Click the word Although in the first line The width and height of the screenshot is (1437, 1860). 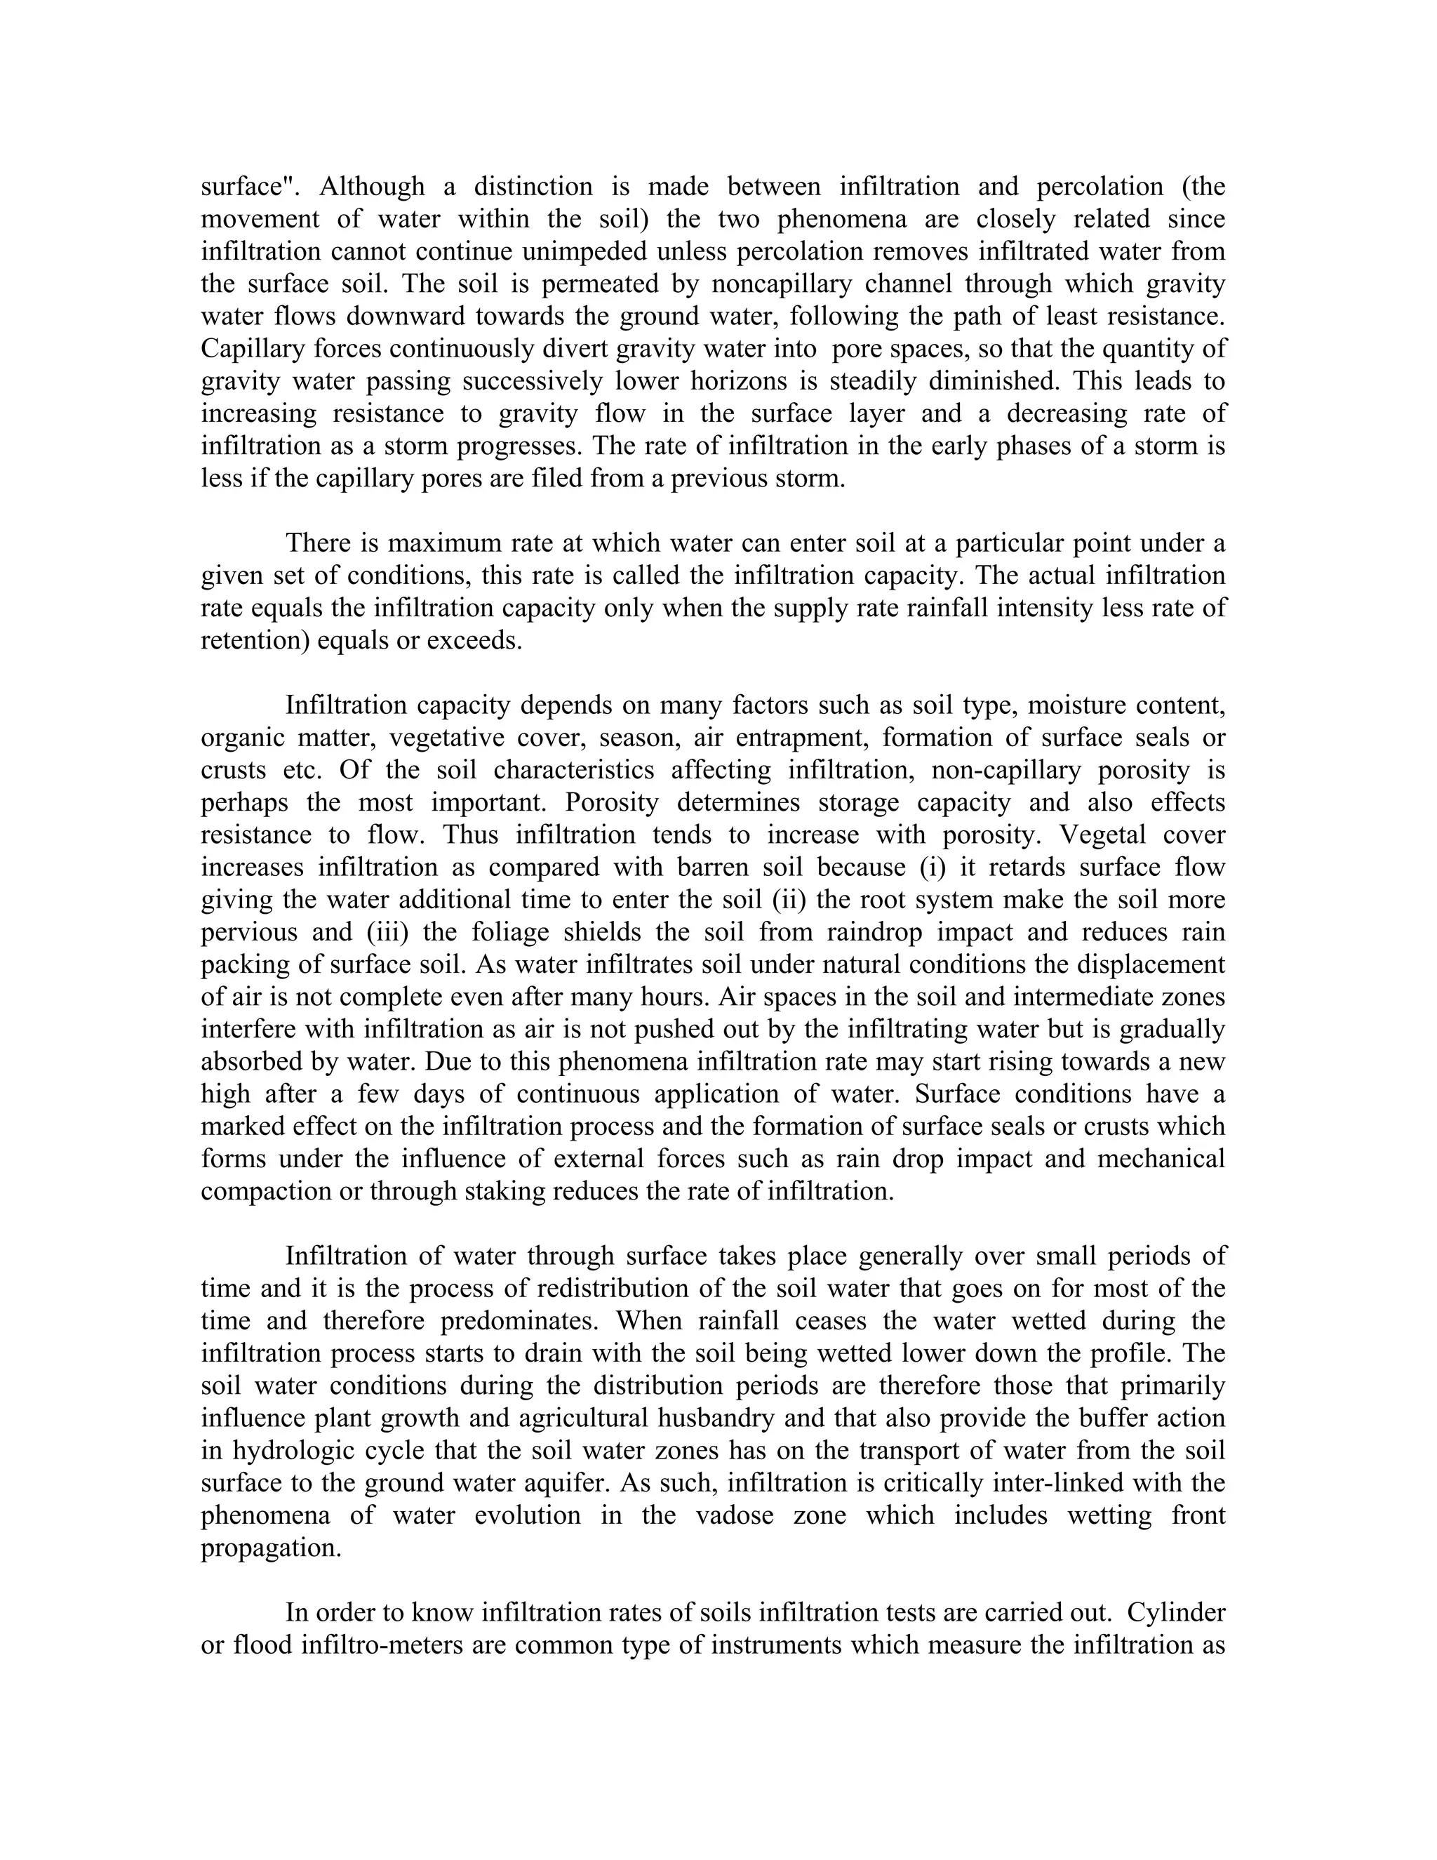pos(371,187)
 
